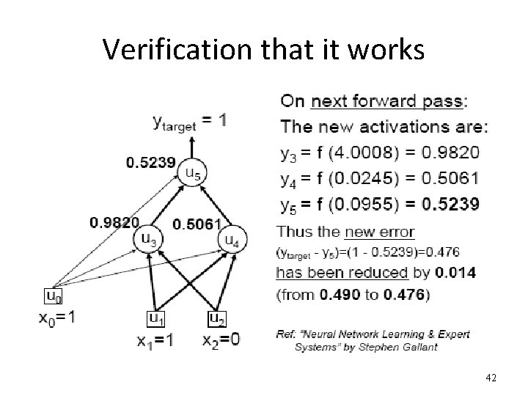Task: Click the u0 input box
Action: pos(54,296)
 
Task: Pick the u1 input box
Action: pos(156,318)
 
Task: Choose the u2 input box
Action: pos(217,318)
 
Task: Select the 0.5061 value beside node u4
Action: pos(196,223)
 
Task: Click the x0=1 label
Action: pos(57,318)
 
